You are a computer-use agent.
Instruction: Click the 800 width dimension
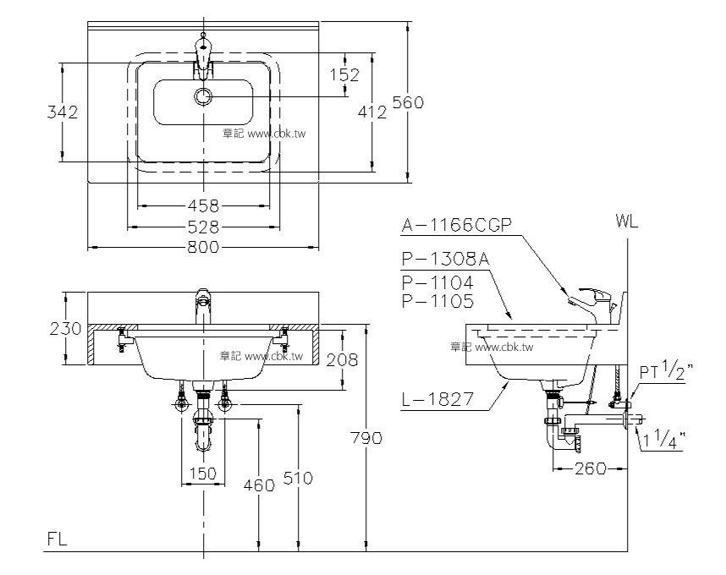[203, 247]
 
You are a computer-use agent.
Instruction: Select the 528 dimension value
[203, 227]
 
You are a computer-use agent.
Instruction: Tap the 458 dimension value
[203, 205]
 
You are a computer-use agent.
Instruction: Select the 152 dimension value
[344, 74]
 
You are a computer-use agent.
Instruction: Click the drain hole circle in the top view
[203, 96]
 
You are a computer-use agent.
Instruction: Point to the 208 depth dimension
[342, 359]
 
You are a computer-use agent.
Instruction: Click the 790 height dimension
[366, 437]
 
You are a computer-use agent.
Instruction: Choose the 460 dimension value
[258, 485]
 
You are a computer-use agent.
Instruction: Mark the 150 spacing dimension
[202, 474]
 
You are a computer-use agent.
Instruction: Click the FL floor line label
[58, 537]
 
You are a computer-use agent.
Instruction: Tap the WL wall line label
[627, 222]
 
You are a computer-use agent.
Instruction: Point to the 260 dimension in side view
[589, 468]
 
